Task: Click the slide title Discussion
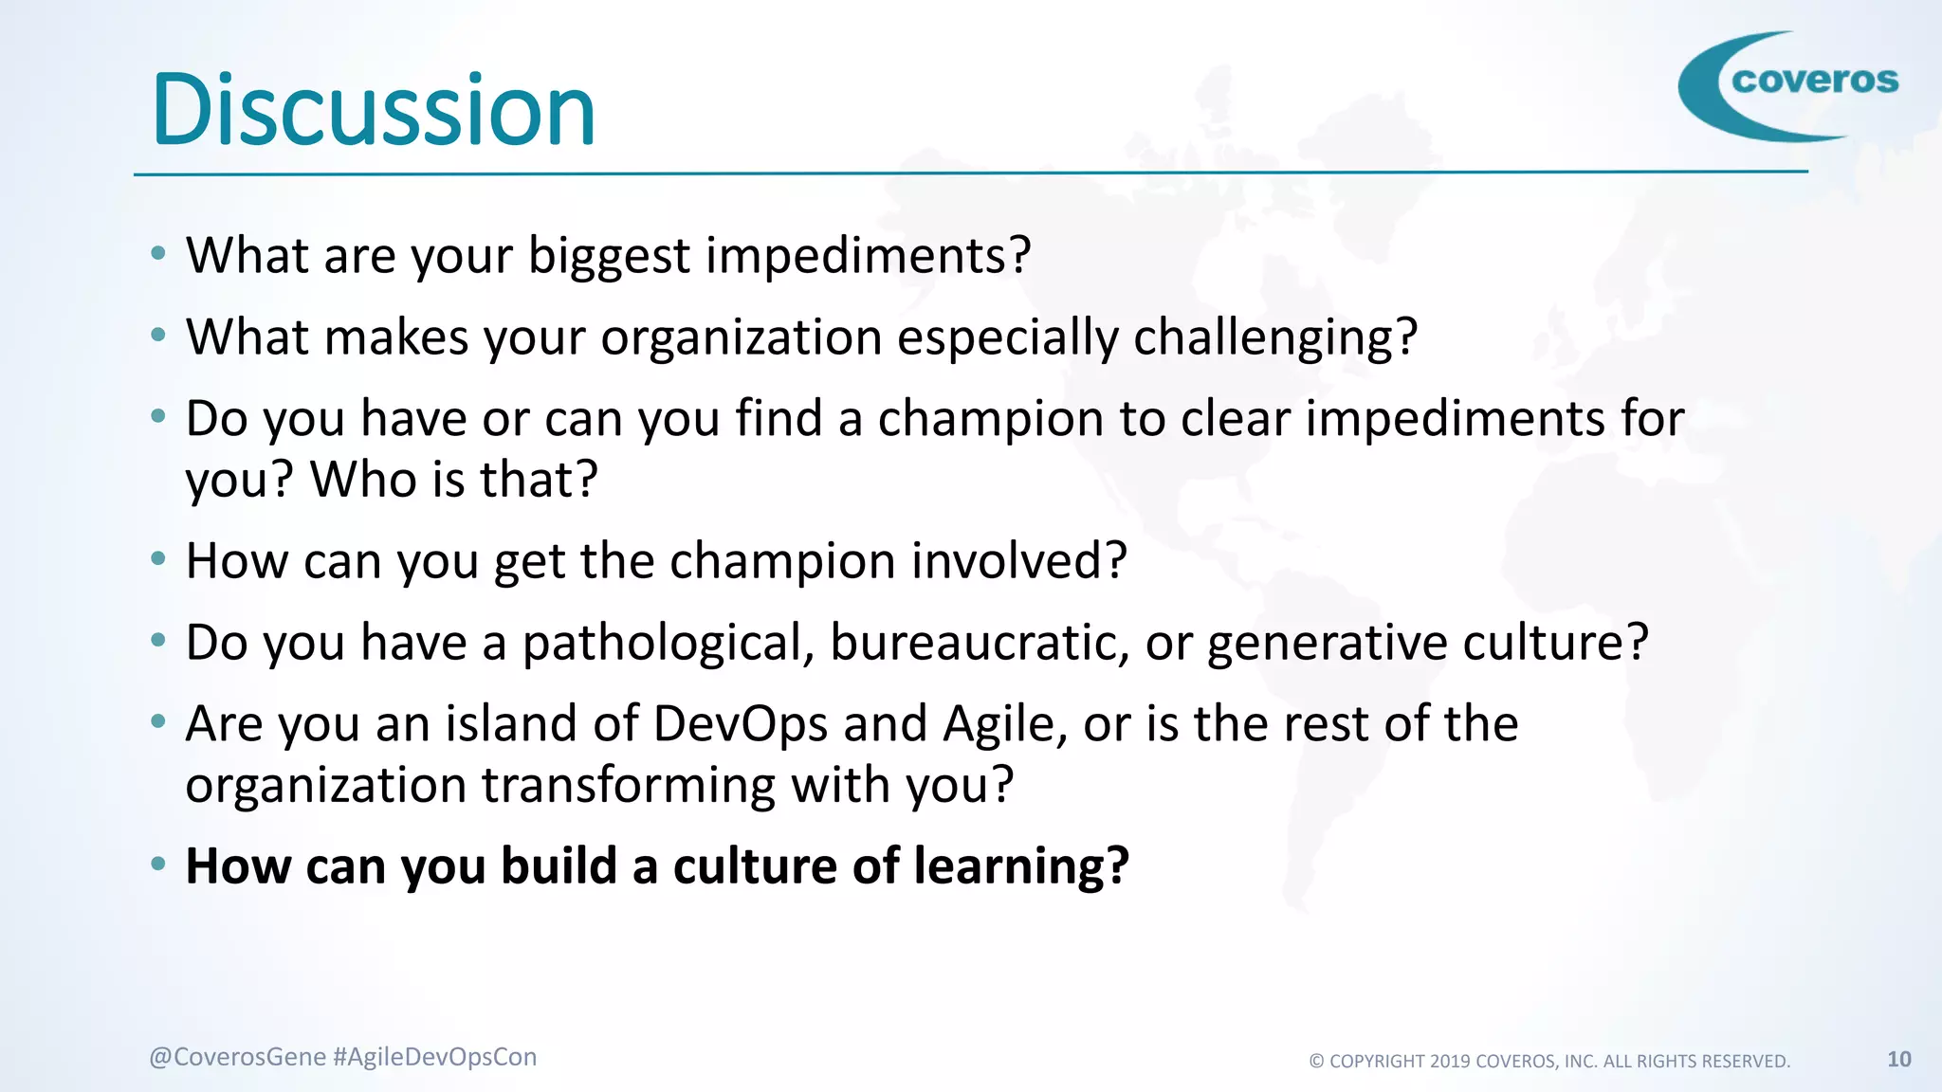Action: pos(374,111)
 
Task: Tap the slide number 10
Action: pos(1898,1059)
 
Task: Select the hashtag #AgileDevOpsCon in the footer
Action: pos(435,1057)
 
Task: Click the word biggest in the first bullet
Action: pos(608,257)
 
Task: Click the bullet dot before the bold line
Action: pos(158,864)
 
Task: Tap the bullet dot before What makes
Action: pos(158,335)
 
